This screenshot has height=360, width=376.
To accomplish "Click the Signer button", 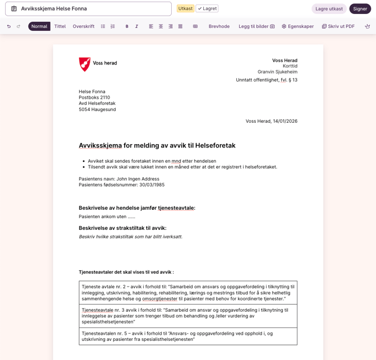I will pos(360,9).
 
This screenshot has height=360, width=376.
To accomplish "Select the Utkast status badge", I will pos(185,8).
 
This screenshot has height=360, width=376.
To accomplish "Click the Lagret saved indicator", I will pos(207,8).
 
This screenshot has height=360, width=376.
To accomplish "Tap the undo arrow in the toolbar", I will pos(9,26).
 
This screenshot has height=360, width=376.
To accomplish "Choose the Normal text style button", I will pos(39,26).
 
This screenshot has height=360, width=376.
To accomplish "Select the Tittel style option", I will pos(60,26).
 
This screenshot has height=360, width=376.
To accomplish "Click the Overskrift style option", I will pos(84,26).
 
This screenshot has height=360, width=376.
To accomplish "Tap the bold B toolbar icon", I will pos(127,26).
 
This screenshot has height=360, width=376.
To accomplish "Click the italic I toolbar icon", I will pos(136,26).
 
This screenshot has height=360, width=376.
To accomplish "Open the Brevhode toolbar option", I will pos(219,26).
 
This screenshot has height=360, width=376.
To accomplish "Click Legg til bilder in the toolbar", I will pos(256,26).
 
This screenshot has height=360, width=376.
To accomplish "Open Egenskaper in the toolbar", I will pos(297,26).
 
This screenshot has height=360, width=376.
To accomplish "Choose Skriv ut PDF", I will pos(338,26).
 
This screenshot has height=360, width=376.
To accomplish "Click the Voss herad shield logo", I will pos(85,64).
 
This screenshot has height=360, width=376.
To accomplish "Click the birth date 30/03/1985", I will pos(152,184).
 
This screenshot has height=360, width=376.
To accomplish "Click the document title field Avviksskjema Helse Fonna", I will pos(88,9).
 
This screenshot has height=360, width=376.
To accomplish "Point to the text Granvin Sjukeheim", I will pos(277,72).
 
